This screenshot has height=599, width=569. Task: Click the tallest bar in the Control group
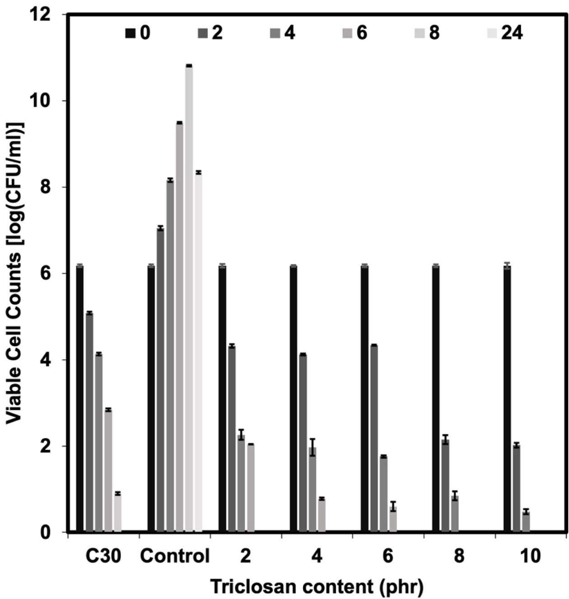189,298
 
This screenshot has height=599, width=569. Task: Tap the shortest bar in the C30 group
117,512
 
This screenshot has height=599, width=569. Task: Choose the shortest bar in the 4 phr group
322,515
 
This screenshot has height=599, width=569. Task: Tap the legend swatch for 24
493,33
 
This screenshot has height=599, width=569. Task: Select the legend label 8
434,33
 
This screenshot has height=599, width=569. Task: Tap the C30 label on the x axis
103,556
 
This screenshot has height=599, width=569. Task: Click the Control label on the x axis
175,556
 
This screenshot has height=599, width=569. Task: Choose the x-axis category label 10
531,556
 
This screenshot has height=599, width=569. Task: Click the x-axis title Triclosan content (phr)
317,587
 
